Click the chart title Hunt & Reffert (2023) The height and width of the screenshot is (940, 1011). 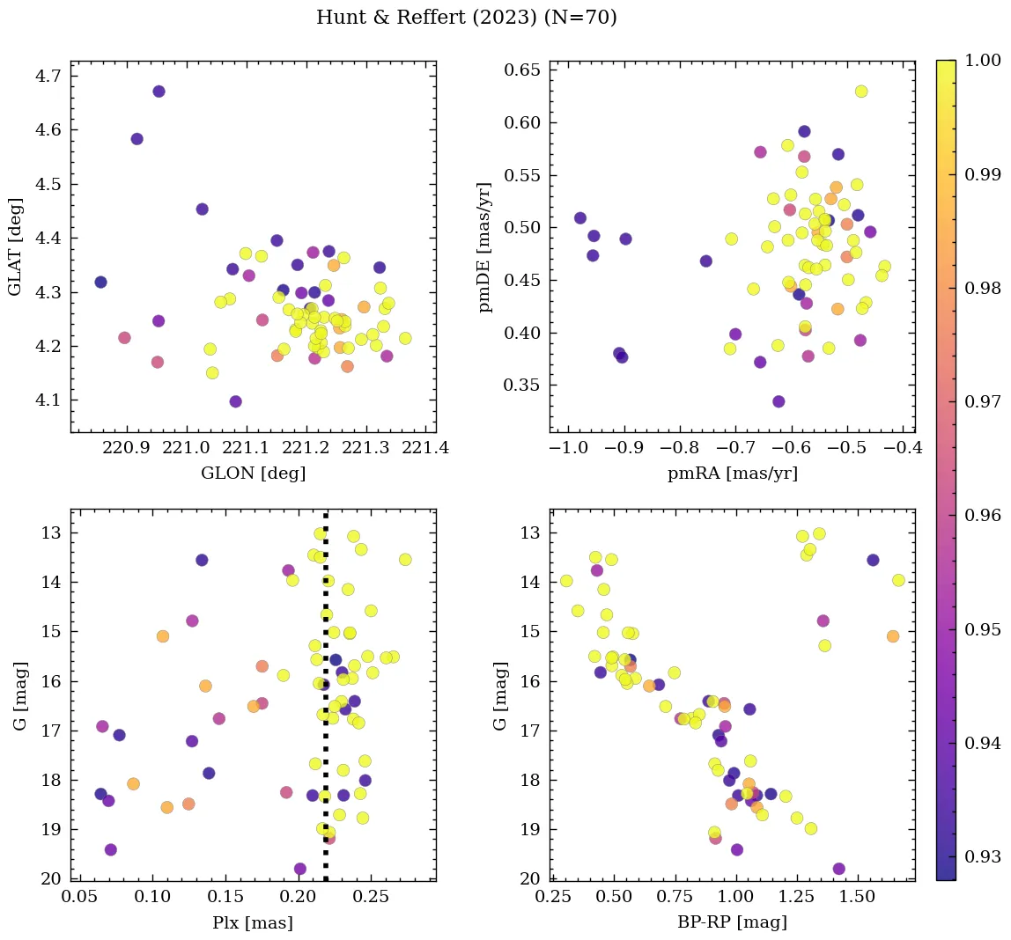tap(466, 18)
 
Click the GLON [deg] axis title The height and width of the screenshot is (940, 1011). tap(254, 474)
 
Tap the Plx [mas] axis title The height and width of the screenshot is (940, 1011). tap(253, 922)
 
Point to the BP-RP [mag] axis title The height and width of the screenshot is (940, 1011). tap(733, 922)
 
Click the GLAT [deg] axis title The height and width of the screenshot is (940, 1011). tap(15, 247)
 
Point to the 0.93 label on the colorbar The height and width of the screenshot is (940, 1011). tap(981, 856)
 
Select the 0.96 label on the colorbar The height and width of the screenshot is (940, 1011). tap(981, 515)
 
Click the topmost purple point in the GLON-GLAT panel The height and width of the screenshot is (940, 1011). tap(159, 92)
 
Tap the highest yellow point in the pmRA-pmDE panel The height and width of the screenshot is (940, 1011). tap(861, 92)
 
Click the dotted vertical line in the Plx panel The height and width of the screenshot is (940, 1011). tap(326, 704)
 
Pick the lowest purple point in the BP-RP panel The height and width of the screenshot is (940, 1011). tap(838, 869)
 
